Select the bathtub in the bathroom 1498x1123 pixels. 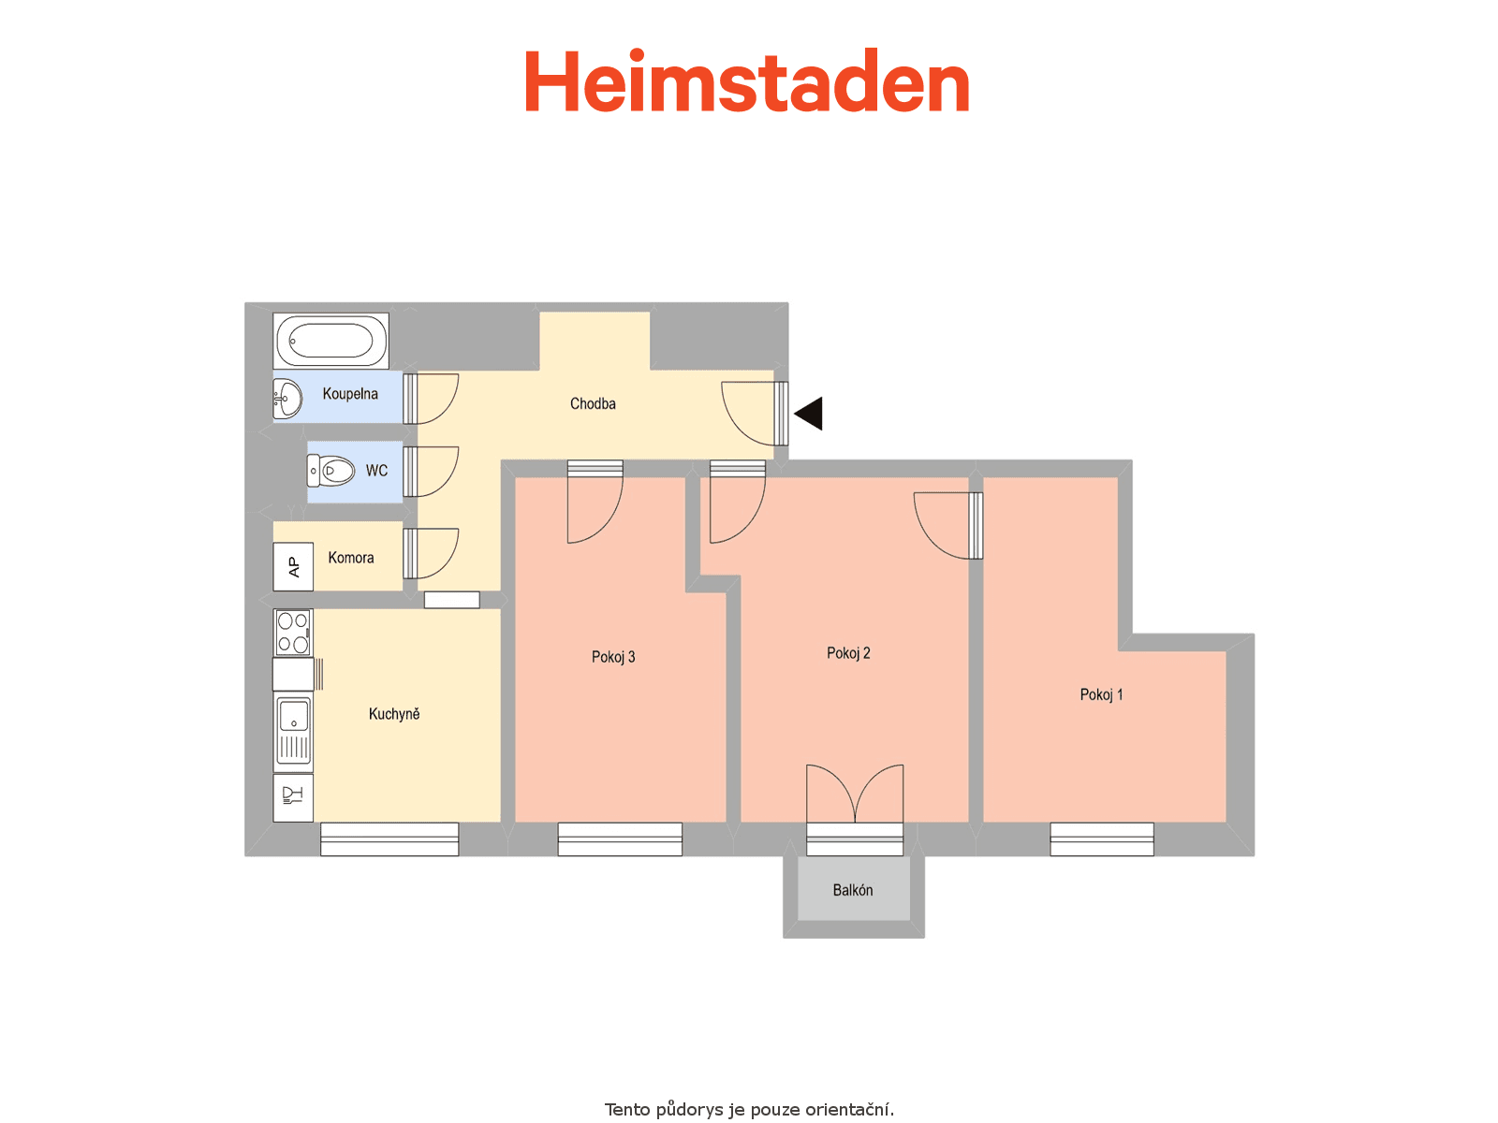331,341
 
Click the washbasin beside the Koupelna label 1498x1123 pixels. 287,399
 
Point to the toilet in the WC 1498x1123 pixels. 331,471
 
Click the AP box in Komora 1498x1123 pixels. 293,566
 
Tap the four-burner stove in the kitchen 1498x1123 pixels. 293,632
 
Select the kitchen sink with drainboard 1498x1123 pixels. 293,730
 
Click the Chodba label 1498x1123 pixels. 593,403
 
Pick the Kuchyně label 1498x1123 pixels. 394,713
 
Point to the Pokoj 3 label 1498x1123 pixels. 613,657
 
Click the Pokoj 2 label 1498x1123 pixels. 848,652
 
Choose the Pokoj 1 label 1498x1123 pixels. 1101,694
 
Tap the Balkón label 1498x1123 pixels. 852,890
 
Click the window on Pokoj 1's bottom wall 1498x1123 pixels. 1102,839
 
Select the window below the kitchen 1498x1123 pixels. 389,839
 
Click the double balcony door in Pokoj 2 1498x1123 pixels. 855,793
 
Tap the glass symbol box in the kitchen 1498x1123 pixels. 293,797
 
